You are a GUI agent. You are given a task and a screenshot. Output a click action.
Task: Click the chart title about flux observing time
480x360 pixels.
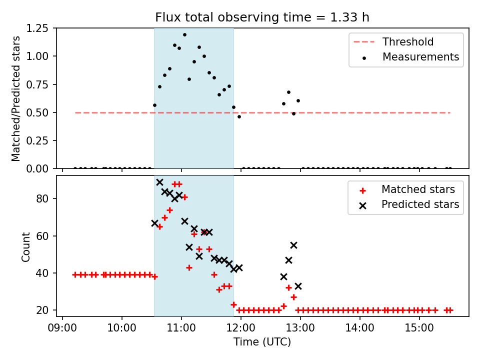tap(262, 17)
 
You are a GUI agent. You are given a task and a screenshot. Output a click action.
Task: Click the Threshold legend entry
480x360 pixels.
tap(408, 42)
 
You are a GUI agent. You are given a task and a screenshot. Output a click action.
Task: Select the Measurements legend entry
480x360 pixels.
tap(420, 57)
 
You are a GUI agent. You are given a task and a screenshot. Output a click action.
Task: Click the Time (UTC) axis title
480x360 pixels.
tap(262, 342)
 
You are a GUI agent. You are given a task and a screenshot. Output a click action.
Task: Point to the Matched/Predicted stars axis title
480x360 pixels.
tap(16, 98)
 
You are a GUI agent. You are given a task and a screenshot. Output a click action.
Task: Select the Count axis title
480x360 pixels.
tap(25, 246)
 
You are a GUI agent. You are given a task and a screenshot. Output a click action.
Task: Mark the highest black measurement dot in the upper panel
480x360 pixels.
tap(184, 35)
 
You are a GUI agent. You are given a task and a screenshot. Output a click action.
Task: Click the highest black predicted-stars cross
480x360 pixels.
tap(159, 182)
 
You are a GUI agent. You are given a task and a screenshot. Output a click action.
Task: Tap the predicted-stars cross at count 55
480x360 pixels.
tap(293, 245)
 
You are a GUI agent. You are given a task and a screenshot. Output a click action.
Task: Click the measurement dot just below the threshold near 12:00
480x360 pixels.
tap(239, 116)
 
